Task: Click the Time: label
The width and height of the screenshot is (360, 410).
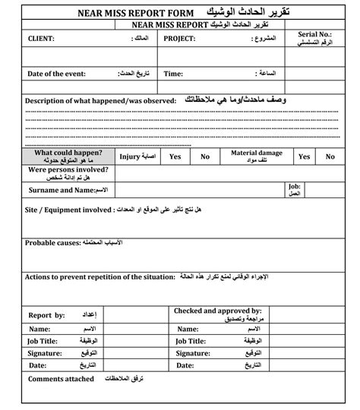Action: (173, 74)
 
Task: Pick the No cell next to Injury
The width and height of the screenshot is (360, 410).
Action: (205, 156)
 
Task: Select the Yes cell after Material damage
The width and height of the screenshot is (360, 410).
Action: (305, 156)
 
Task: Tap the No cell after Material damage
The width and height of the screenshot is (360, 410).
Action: (330, 156)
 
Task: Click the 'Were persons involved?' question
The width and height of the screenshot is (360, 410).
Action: (69, 172)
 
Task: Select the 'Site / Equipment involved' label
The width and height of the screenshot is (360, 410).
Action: (68, 208)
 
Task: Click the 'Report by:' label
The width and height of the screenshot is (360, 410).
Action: (47, 314)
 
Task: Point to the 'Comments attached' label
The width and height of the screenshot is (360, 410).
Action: (62, 378)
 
